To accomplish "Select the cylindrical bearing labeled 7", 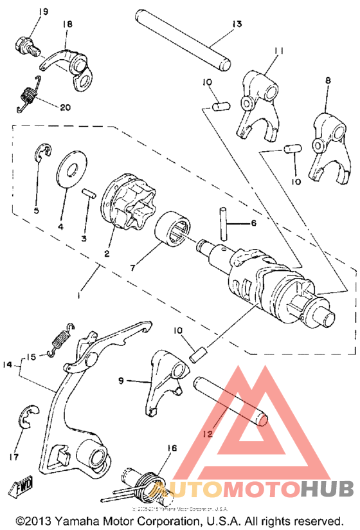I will pos(175,229).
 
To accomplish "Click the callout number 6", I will pos(253,223).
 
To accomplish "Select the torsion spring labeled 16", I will pos(138,487).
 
